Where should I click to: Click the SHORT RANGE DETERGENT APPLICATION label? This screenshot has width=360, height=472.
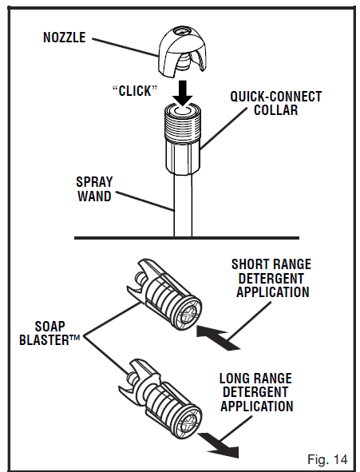coord(271,278)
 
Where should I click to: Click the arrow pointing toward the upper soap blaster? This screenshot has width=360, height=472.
coord(219,335)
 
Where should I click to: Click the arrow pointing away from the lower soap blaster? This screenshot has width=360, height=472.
coord(219,442)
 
